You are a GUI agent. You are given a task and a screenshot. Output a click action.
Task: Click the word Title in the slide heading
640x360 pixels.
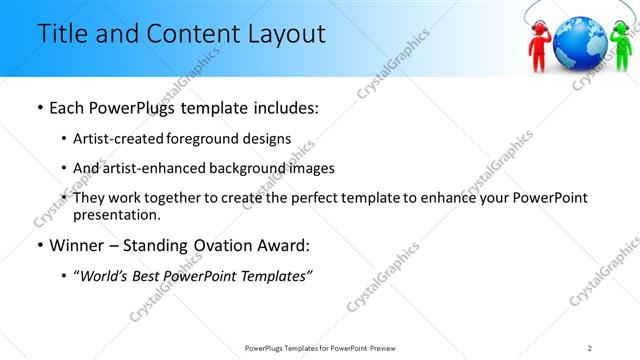coord(60,33)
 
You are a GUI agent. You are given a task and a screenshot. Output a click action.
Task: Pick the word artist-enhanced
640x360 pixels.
coord(150,168)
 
